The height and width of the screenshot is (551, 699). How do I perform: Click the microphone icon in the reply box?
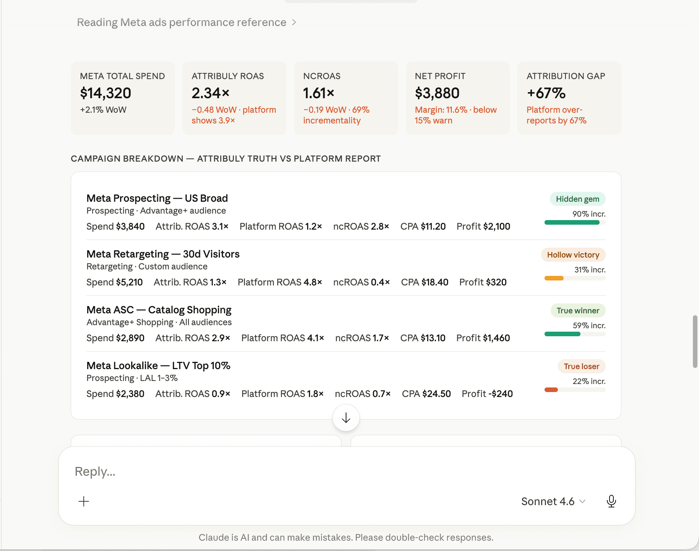(611, 501)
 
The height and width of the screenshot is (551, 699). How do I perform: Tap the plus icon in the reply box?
(84, 501)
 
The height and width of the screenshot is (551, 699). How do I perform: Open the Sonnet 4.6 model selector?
(553, 501)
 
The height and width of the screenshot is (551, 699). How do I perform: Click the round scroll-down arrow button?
(346, 418)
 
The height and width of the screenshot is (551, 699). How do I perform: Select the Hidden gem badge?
(577, 199)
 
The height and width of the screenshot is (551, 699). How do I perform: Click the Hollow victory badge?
(573, 255)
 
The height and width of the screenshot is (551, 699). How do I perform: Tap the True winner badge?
(577, 311)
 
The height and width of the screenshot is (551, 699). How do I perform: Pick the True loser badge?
(581, 366)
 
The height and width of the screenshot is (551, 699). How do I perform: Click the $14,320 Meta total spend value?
(106, 93)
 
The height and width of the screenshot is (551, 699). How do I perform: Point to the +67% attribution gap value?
(546, 93)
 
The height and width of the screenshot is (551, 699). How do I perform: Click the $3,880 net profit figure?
(437, 93)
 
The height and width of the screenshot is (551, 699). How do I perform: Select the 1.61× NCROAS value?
(319, 93)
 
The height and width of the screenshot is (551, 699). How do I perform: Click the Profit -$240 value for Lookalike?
(487, 394)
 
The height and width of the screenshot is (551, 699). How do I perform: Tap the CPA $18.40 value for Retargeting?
(424, 282)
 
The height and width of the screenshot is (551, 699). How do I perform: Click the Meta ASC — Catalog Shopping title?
(159, 310)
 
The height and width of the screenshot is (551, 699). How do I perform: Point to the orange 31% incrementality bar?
(554, 278)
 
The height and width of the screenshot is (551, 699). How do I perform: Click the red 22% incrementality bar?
(551, 390)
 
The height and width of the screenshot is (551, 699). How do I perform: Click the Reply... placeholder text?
(95, 472)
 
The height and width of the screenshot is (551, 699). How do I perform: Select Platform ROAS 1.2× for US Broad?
(281, 227)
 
